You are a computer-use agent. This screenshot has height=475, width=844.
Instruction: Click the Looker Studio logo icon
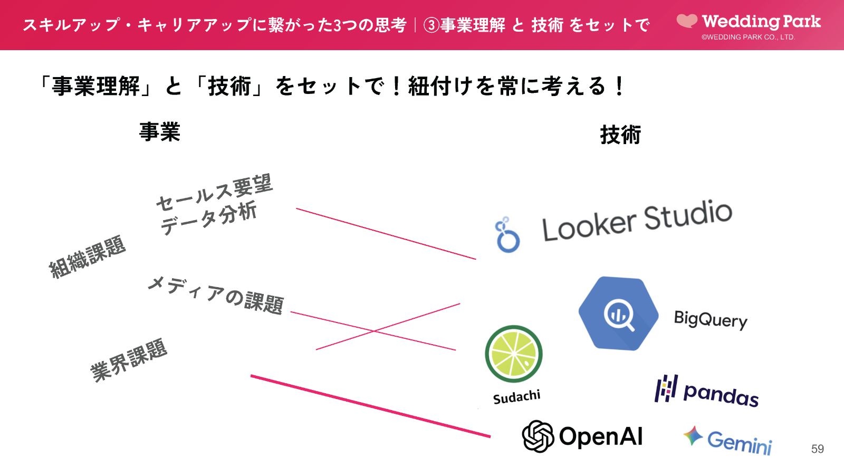click(507, 235)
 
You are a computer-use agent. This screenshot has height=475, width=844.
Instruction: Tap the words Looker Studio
click(637, 221)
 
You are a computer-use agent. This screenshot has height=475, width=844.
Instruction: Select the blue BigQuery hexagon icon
click(618, 313)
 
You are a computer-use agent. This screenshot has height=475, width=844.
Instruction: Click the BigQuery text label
click(711, 319)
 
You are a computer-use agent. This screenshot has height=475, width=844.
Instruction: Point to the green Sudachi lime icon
click(513, 354)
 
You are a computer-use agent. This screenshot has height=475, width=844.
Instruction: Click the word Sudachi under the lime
click(516, 397)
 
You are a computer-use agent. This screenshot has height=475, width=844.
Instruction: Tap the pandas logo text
click(721, 394)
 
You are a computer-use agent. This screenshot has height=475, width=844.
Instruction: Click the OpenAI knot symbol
click(538, 436)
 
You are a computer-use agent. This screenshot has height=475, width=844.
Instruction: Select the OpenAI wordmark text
click(601, 436)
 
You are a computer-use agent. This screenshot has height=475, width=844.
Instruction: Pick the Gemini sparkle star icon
click(693, 436)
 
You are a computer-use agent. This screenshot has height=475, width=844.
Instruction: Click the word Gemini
click(740, 442)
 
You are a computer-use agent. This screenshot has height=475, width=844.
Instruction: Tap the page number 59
click(817, 449)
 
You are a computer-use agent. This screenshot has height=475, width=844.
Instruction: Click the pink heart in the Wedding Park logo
click(687, 21)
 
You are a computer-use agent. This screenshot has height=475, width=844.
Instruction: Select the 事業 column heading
click(159, 132)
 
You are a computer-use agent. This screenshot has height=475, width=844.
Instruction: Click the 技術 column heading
click(620, 135)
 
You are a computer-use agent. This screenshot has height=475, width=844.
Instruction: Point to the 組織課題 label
click(87, 256)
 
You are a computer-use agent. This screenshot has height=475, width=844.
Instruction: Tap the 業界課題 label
click(129, 360)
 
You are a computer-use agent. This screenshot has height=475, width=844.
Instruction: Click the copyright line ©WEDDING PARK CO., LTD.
click(748, 37)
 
